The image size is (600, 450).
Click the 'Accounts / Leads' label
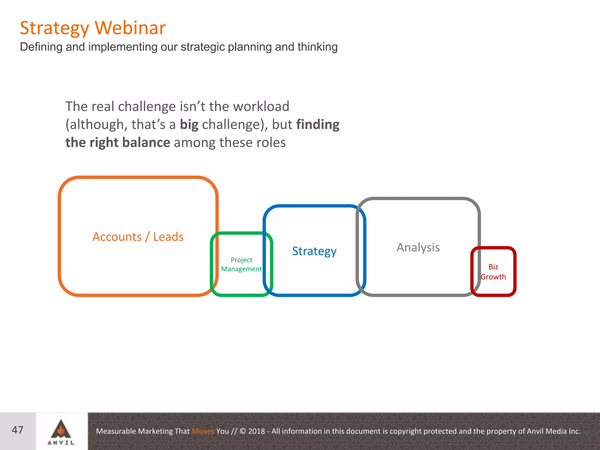pyautogui.click(x=138, y=237)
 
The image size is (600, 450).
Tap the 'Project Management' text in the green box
pyautogui.click(x=241, y=264)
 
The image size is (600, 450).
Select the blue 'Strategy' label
pyautogui.click(x=314, y=251)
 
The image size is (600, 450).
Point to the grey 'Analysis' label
pyautogui.click(x=418, y=247)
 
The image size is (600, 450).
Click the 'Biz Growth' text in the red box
pyautogui.click(x=493, y=272)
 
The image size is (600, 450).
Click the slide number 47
pyautogui.click(x=18, y=430)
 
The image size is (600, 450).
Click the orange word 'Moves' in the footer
pyautogui.click(x=203, y=431)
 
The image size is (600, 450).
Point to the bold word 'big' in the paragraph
pyautogui.click(x=189, y=125)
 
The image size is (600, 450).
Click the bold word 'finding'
pyautogui.click(x=318, y=125)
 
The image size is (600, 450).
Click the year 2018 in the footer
pyautogui.click(x=256, y=431)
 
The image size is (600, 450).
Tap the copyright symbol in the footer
pyautogui.click(x=243, y=431)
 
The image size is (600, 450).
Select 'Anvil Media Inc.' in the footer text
pyautogui.click(x=553, y=431)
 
